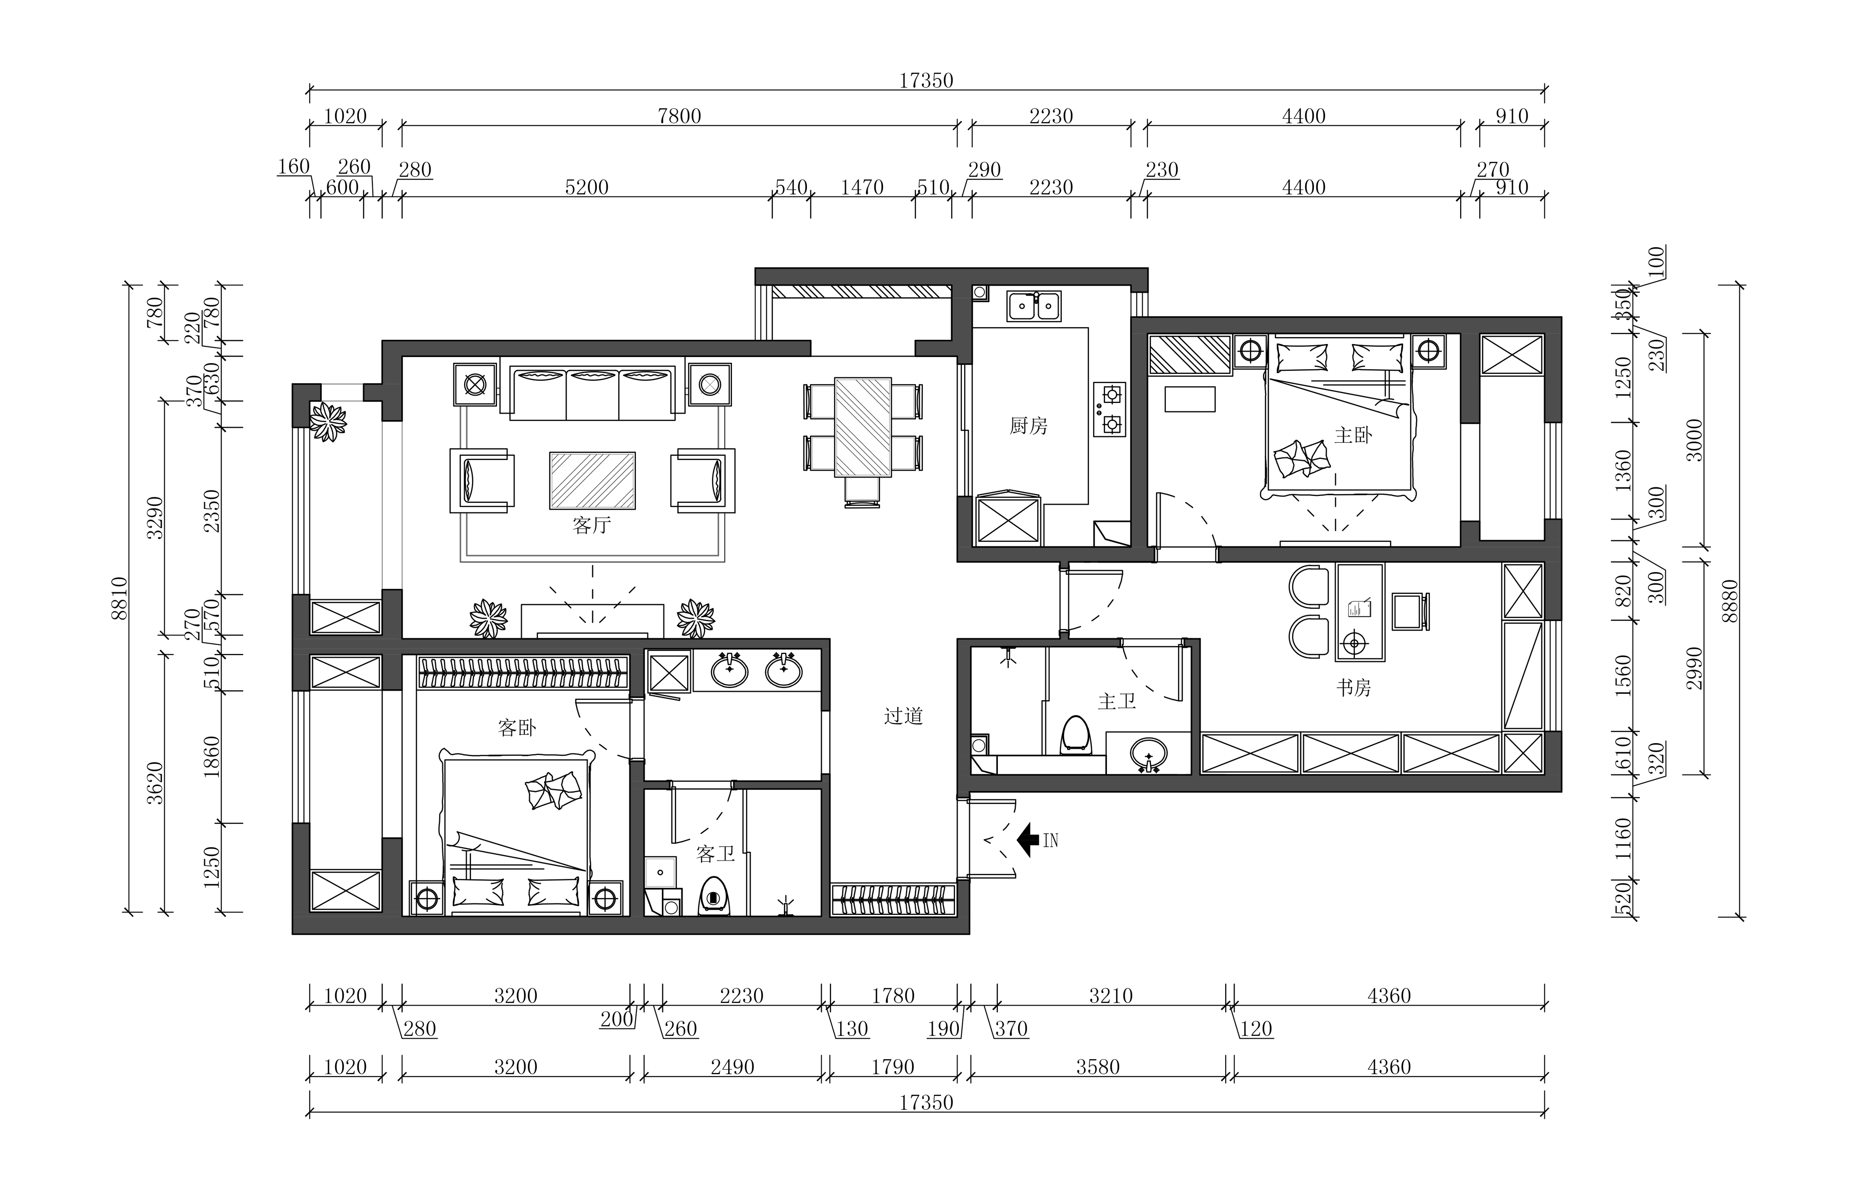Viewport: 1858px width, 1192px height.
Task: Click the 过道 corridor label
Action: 903,716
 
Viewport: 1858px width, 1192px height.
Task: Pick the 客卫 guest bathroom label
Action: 715,854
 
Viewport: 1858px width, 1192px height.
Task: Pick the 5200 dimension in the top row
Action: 587,187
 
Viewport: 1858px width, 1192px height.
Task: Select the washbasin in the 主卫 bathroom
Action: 1149,753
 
